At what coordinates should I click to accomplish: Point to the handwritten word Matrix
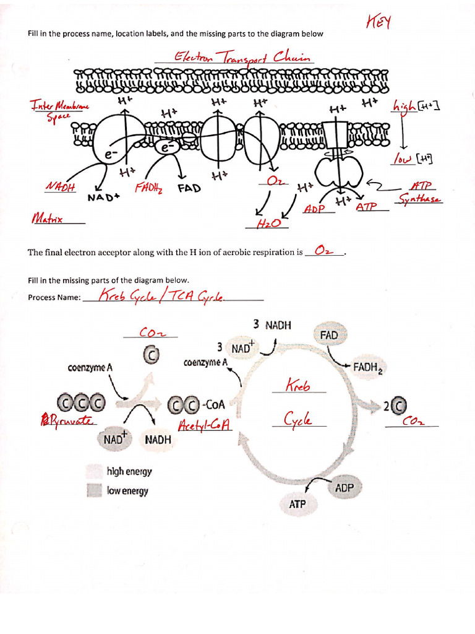pos(48,218)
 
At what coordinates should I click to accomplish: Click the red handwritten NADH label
pos(60,187)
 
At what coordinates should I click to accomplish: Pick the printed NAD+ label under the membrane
pos(103,198)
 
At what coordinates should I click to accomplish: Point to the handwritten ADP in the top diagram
pos(314,209)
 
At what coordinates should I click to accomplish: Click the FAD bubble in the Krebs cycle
pos(329,335)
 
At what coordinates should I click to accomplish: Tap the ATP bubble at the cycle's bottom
pos(297,504)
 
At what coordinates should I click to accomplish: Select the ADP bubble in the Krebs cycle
pos(344,488)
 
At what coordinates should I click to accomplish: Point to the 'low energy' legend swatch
pos(94,491)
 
